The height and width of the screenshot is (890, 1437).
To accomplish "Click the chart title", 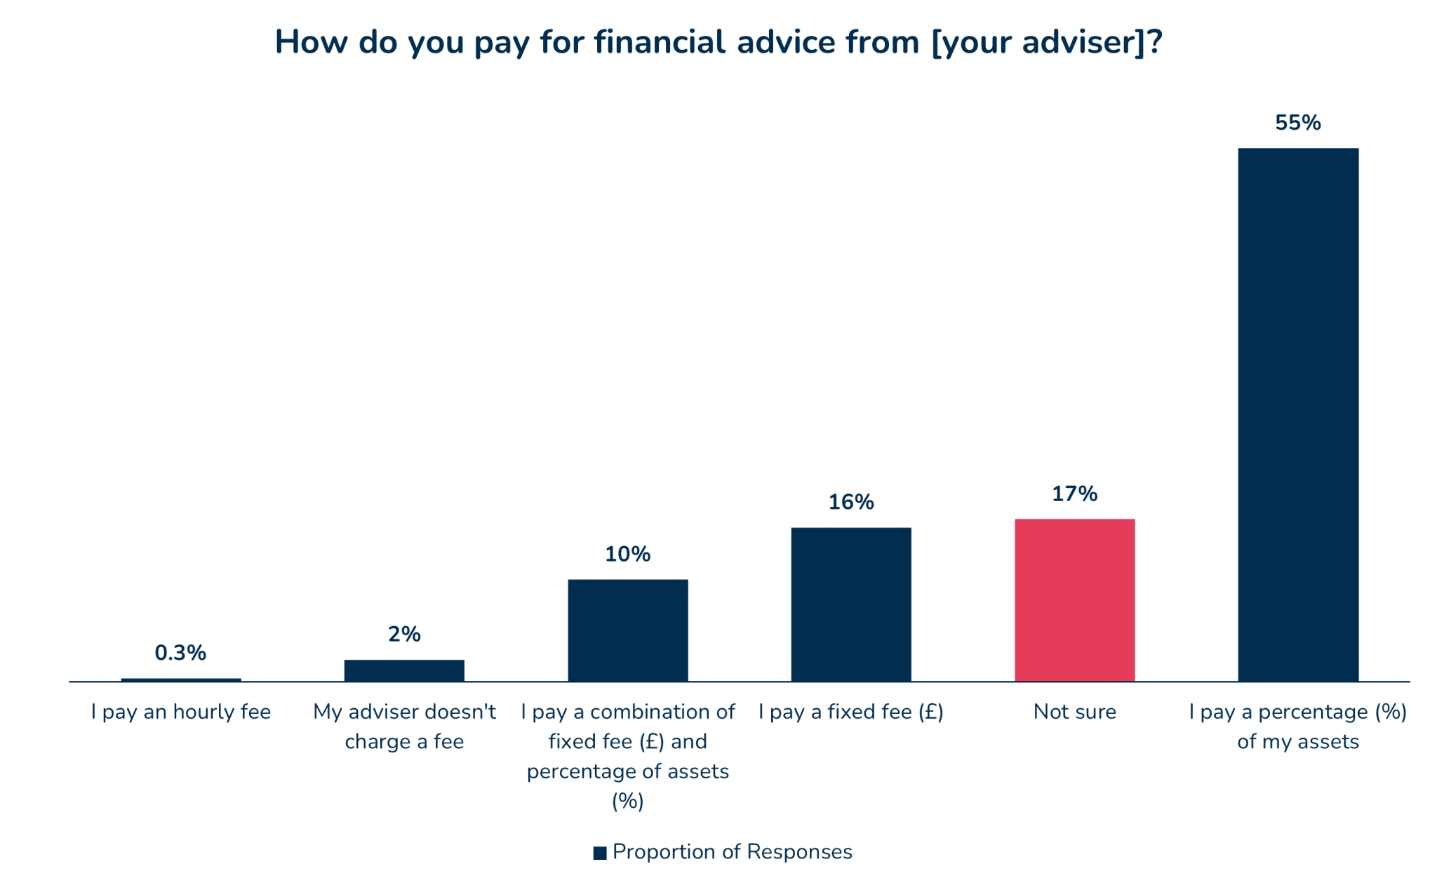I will point(718,42).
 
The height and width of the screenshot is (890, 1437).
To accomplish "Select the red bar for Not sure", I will point(1074,599).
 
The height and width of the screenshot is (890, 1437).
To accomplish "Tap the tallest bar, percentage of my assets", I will point(1297,414).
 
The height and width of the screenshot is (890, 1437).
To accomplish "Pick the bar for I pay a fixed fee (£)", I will point(850,604).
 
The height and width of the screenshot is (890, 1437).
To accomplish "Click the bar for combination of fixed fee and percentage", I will point(627,630).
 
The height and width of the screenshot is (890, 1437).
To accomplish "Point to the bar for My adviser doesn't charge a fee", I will point(404,670).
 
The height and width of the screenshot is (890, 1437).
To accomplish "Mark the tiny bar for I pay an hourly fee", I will point(181,679).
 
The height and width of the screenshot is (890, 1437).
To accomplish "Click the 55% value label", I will point(1297,123).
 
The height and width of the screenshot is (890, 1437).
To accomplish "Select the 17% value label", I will point(1074,494).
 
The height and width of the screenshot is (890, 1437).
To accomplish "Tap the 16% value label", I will point(850,502).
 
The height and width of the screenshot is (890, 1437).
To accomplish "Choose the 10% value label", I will point(627,554).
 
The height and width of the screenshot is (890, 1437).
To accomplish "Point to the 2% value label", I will point(404,635).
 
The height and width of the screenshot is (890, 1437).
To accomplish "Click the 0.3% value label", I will point(180,653).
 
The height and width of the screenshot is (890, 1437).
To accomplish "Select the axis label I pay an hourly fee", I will point(180,712).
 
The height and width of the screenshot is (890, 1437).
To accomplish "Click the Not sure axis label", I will point(1074,712).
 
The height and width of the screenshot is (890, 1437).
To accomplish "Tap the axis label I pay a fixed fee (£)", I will point(850,712).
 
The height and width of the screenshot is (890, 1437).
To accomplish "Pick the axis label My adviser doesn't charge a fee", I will point(404,726).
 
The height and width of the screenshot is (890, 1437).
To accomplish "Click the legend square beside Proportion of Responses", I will point(600,853).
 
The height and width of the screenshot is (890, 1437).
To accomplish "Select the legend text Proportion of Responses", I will point(732,851).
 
